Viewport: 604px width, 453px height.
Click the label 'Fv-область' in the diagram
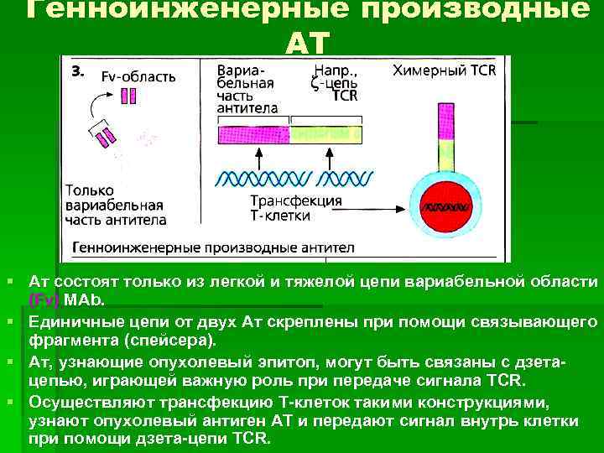click(x=138, y=76)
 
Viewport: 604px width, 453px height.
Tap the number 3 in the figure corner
click(x=76, y=72)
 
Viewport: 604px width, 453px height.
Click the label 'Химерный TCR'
click(x=445, y=70)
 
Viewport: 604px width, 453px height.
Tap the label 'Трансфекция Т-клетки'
click(x=296, y=207)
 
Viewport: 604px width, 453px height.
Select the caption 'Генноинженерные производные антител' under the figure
click(x=213, y=248)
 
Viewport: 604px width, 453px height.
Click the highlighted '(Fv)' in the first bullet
click(x=44, y=299)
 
